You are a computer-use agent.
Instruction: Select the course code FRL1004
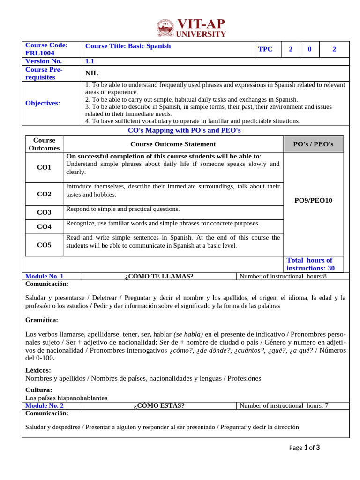40,53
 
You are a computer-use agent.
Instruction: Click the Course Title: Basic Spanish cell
128,46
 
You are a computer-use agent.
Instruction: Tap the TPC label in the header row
265,49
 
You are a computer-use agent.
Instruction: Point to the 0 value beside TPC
309,49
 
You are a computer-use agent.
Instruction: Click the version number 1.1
90,61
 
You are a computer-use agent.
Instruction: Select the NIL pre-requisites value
92,73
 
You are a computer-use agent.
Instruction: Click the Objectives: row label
43,103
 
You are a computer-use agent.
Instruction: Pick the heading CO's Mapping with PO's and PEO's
184,130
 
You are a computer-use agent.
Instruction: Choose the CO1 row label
44,167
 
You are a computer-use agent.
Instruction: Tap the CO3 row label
44,212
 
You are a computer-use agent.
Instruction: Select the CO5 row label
44,245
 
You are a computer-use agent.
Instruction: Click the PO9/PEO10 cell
313,200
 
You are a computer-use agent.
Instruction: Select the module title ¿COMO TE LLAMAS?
159,276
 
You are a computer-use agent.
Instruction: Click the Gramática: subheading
42,320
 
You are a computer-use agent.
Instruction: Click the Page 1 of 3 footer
304,448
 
